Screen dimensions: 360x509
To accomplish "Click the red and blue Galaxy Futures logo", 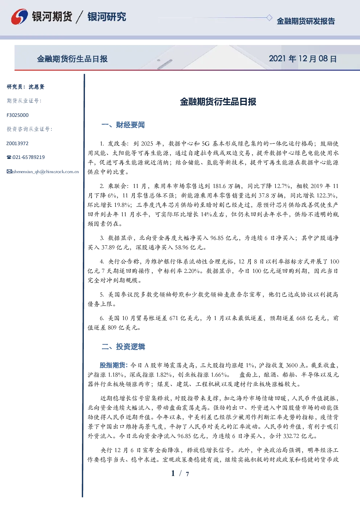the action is pos(20,17).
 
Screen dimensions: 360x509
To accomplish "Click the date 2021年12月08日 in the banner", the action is pos(303,59).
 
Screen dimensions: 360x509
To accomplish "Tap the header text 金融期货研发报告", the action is pos(306,21).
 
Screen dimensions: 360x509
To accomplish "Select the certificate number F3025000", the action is pos(17,115).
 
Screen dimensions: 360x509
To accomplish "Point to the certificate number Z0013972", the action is pos(17,143).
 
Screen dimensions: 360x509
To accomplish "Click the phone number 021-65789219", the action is pos(28,157).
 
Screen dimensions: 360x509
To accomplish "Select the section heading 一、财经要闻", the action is pos(123,125).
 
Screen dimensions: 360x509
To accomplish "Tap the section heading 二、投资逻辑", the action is pos(123,346).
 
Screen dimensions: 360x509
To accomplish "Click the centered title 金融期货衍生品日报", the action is pos(218,102).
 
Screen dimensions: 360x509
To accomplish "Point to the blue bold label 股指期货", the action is pos(112,365).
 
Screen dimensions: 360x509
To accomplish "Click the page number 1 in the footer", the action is pos(173,473).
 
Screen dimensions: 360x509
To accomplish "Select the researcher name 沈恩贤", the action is pos(36,87).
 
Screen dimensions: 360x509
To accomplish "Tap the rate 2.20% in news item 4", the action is pos(192,271).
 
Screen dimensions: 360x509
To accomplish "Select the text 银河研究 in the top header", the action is pos(107,17).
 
